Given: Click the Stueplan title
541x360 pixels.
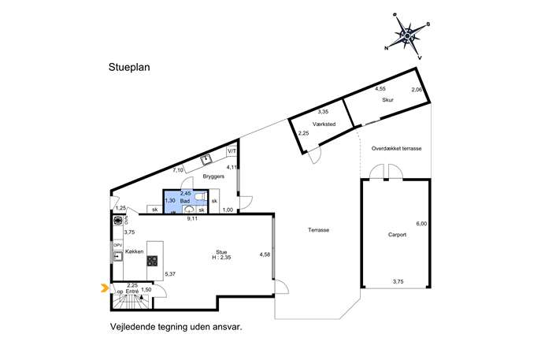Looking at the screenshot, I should tap(129, 68).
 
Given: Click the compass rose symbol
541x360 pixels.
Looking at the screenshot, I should tap(406, 35).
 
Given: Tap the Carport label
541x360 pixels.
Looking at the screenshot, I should tap(396, 236).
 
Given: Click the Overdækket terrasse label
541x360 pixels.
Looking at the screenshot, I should tap(397, 148).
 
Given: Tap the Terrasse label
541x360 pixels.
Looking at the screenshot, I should tap(318, 230).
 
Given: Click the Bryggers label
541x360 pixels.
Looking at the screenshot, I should tap(214, 178).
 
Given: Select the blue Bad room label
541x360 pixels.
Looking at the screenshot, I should tap(186, 202).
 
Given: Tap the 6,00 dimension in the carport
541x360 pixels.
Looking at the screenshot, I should tap(421, 224).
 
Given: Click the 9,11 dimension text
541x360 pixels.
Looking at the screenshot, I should tap(191, 218).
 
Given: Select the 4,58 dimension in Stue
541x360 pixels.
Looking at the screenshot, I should tap(265, 254).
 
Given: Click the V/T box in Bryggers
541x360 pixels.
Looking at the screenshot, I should tap(232, 151).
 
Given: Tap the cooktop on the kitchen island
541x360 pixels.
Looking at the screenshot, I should tap(152, 261).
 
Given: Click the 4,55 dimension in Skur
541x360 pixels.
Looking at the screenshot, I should tap(380, 89).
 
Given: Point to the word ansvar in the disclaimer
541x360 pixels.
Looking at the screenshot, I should tap(224, 325).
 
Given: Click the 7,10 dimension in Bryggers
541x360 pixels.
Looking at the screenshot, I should tap(178, 170).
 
